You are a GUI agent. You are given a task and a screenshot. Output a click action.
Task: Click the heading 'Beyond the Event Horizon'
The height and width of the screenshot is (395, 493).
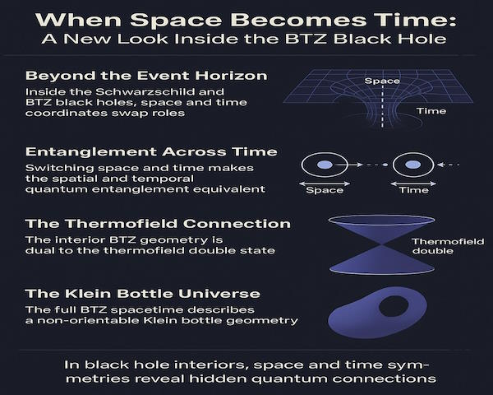pyautogui.click(x=146, y=76)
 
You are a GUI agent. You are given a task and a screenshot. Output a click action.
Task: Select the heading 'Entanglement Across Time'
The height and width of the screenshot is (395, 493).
pyautogui.click(x=151, y=151)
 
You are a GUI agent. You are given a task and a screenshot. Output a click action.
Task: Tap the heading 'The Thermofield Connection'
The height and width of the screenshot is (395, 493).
pyautogui.click(x=158, y=224)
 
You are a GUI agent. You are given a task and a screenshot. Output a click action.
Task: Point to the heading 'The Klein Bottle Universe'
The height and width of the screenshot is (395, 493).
pyautogui.click(x=143, y=294)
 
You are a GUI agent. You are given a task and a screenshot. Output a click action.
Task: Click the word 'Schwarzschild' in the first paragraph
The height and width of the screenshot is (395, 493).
pyautogui.click(x=159, y=92)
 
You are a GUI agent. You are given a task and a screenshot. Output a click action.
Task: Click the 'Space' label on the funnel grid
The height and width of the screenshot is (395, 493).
pyautogui.click(x=382, y=81)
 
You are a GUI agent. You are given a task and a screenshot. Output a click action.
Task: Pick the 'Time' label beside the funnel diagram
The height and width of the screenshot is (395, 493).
pyautogui.click(x=431, y=111)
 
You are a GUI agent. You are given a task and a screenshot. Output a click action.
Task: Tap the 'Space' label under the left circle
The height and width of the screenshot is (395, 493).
pyautogui.click(x=325, y=190)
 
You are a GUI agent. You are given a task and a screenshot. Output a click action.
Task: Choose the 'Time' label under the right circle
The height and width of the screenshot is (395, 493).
pyautogui.click(x=414, y=190)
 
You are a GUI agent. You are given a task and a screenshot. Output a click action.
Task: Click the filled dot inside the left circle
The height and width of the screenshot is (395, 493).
pyautogui.click(x=325, y=165)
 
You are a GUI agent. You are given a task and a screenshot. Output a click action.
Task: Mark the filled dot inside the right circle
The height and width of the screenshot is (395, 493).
pyautogui.click(x=413, y=165)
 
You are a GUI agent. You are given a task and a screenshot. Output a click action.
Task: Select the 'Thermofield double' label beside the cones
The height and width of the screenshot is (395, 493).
pyautogui.click(x=448, y=246)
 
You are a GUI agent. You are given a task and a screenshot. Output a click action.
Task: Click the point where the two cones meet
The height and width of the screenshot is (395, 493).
pyautogui.click(x=382, y=244)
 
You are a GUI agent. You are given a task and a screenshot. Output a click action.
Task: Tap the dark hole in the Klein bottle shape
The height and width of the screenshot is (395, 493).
pyautogui.click(x=394, y=305)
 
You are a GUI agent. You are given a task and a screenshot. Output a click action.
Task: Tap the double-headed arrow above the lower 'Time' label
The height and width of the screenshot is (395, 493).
pyautogui.click(x=413, y=184)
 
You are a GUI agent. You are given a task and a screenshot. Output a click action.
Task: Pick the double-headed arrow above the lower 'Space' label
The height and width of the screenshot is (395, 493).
pyautogui.click(x=325, y=184)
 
